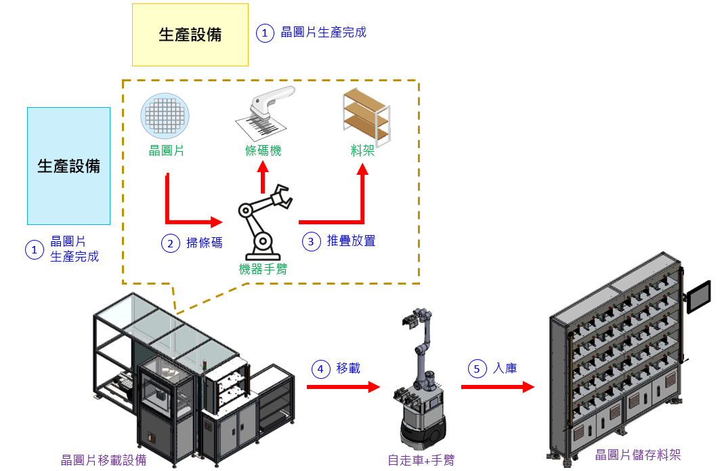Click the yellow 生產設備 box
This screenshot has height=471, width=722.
pos(190,35)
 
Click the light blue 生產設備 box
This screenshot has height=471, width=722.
pos(68,165)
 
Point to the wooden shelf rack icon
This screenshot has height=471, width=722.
pos(366,116)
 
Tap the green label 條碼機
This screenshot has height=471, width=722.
pos(263,150)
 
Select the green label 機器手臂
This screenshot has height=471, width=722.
pos(263,269)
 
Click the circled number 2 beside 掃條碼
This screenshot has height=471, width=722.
pos(169,243)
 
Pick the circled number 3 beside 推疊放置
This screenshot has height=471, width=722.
pos(312,241)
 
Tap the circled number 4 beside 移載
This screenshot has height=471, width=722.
pos(320,369)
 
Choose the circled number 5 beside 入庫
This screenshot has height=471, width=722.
pos(477,369)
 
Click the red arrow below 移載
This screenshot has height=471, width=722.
pos(343,387)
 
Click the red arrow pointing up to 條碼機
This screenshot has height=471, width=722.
pos(263,178)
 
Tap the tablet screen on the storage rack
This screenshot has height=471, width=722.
pos(699,296)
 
